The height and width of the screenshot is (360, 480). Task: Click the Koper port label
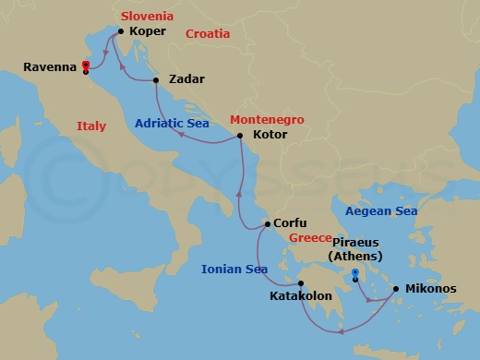(x=148, y=31)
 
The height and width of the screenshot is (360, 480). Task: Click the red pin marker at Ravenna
(x=85, y=65)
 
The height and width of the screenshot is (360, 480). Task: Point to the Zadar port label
(x=187, y=80)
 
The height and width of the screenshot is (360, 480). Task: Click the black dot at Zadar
(x=156, y=80)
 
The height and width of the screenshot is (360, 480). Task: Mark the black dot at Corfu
(x=268, y=223)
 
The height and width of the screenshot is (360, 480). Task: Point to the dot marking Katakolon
(x=300, y=283)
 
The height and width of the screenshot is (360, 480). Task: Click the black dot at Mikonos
(x=397, y=289)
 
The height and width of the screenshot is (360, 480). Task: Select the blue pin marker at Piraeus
(x=355, y=273)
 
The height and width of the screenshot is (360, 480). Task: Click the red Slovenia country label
(x=148, y=16)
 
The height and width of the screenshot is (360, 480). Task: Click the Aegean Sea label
(x=380, y=211)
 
